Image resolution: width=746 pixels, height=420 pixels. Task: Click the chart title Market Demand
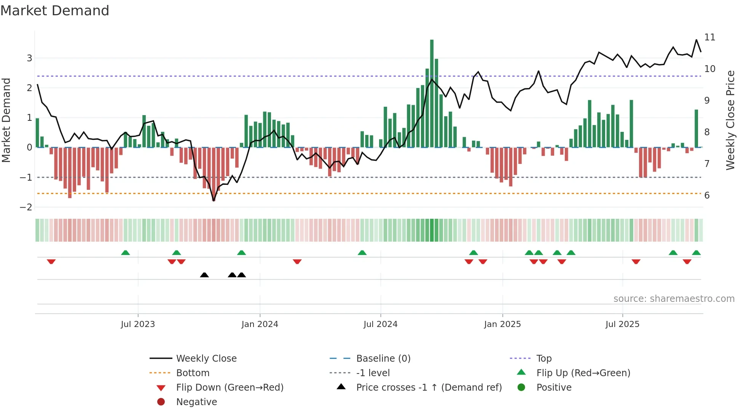point(55,11)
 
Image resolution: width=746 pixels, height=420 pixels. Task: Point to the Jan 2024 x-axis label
point(260,324)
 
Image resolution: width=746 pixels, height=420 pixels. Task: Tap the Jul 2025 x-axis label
point(622,324)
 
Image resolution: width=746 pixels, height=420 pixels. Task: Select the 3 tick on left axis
point(29,58)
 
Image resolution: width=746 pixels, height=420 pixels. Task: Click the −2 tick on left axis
point(26,207)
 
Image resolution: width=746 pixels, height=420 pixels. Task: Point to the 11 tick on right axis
point(709,37)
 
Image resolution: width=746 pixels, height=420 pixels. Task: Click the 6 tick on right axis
point(707,196)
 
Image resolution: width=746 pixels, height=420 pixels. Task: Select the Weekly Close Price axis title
point(730,120)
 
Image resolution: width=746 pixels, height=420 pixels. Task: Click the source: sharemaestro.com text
point(674,299)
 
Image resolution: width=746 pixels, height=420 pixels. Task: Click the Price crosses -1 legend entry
point(429,388)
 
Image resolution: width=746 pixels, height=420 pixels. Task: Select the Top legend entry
point(544,359)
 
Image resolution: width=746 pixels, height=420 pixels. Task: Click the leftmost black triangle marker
point(204,275)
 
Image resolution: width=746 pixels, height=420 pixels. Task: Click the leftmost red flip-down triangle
point(51,261)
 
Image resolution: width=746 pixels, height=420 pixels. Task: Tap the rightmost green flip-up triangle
point(696,253)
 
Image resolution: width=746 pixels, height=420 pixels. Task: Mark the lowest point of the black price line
point(214,200)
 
